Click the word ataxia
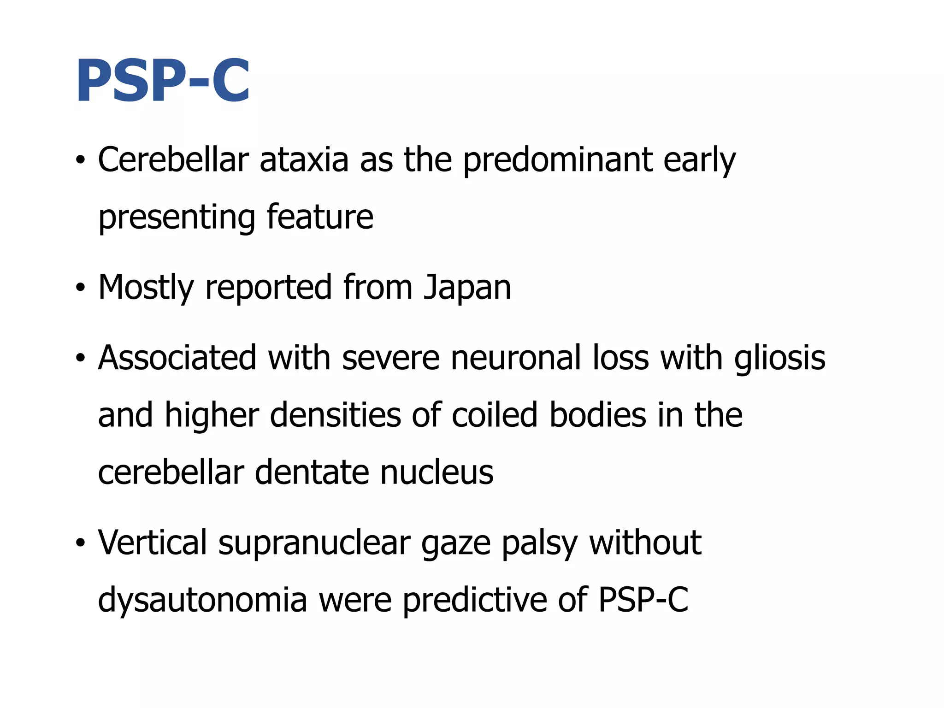(x=304, y=159)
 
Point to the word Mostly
(x=146, y=287)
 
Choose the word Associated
(x=177, y=358)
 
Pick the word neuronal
(x=516, y=358)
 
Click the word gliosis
(x=779, y=358)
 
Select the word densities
(x=336, y=415)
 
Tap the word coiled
(x=494, y=415)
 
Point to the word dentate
(x=312, y=472)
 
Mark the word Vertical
(x=153, y=543)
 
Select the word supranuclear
(x=314, y=543)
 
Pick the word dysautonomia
(x=203, y=600)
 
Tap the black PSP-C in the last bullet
(x=643, y=600)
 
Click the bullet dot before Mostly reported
(x=81, y=288)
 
